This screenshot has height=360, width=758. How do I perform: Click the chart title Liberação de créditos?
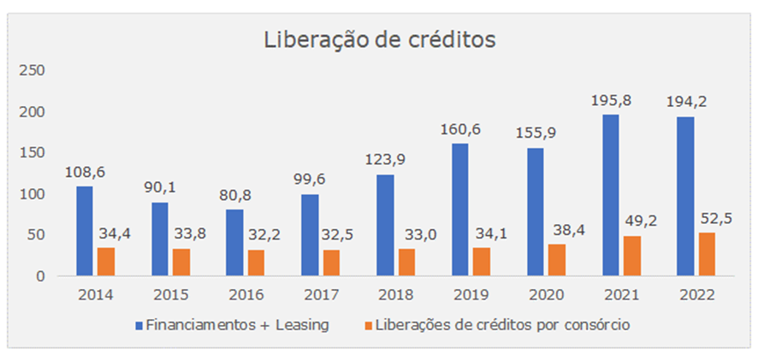click(x=380, y=40)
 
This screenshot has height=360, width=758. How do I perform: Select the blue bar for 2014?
click(x=85, y=231)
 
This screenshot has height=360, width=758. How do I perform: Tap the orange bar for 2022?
click(x=707, y=254)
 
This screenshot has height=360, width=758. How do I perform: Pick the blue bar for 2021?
click(x=611, y=195)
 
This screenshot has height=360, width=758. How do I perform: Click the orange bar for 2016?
click(x=256, y=263)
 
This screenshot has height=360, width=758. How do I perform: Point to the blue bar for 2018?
click(x=385, y=225)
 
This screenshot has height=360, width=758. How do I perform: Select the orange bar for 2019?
click(x=482, y=262)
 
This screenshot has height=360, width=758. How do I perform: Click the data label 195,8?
click(x=611, y=102)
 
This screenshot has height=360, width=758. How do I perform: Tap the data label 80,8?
click(x=235, y=196)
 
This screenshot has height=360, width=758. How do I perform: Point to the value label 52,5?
click(x=715, y=218)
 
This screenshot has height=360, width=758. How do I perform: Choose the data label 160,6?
click(x=460, y=131)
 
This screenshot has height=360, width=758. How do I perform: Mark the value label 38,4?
click(x=566, y=231)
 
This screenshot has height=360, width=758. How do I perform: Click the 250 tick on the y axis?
click(x=32, y=71)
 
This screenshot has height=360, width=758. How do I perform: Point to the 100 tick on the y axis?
click(x=32, y=194)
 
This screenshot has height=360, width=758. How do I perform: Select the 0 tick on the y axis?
click(x=40, y=277)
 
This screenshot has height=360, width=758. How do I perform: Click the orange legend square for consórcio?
click(x=368, y=326)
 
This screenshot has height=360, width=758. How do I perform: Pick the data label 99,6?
click(x=310, y=180)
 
